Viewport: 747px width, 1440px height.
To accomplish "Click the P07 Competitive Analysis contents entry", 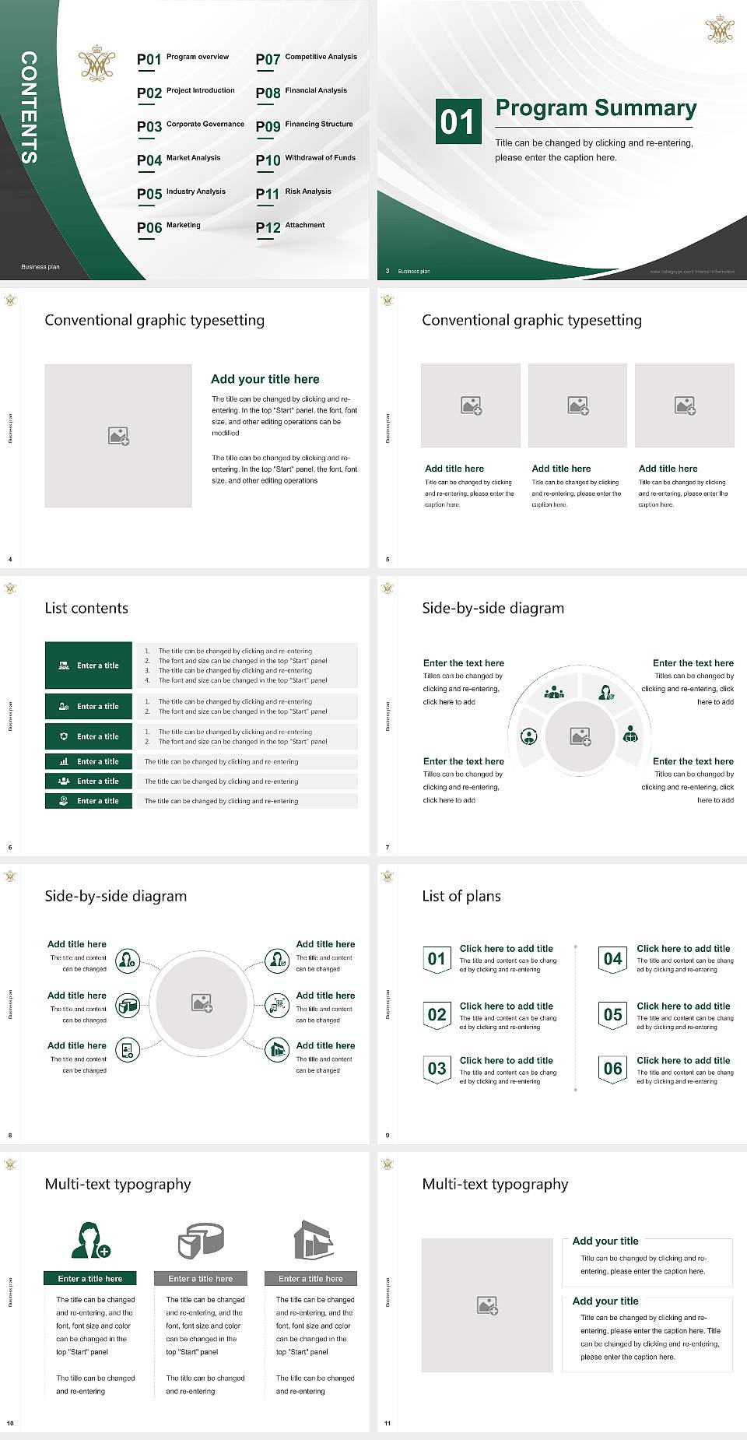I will tap(306, 58).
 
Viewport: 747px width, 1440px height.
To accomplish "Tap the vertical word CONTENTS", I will tap(29, 107).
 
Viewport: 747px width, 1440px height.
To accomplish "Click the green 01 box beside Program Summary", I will tap(458, 121).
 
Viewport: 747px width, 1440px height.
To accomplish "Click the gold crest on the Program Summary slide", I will tap(719, 29).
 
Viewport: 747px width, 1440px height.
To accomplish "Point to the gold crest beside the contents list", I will tap(96, 63).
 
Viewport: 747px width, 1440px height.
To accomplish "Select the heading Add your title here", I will tap(265, 379).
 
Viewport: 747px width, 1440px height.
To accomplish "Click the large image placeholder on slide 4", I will tap(118, 436).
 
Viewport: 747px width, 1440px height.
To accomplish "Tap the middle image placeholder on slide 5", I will tap(577, 406).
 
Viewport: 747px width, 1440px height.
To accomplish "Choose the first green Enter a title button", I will tap(89, 666).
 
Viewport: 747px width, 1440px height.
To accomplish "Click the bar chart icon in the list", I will tap(64, 761).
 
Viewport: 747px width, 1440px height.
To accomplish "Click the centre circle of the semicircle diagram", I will tap(580, 736).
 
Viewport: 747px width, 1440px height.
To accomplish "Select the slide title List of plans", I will tap(461, 896).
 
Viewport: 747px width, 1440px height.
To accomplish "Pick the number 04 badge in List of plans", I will tap(613, 959).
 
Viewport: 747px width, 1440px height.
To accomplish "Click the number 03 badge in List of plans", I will tap(437, 1069).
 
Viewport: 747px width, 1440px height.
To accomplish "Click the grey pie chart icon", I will tap(201, 1240).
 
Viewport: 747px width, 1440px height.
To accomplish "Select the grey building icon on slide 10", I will tap(313, 1240).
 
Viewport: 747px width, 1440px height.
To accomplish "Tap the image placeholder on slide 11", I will tap(487, 1305).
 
